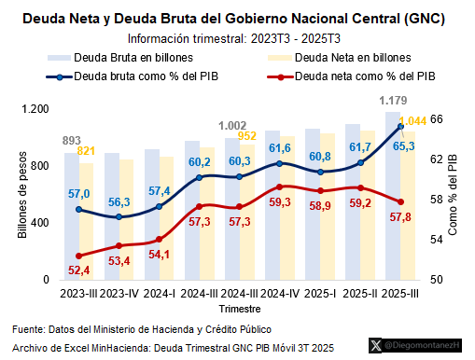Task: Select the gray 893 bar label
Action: pos(72,141)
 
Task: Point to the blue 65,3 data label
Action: pos(402,145)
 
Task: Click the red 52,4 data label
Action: pos(79,270)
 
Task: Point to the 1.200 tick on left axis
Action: pos(35,109)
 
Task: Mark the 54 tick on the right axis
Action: pos(436,240)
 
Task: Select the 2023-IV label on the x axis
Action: pos(119,293)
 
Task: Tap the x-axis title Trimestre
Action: pos(240,308)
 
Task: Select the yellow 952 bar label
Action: pos(247,136)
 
